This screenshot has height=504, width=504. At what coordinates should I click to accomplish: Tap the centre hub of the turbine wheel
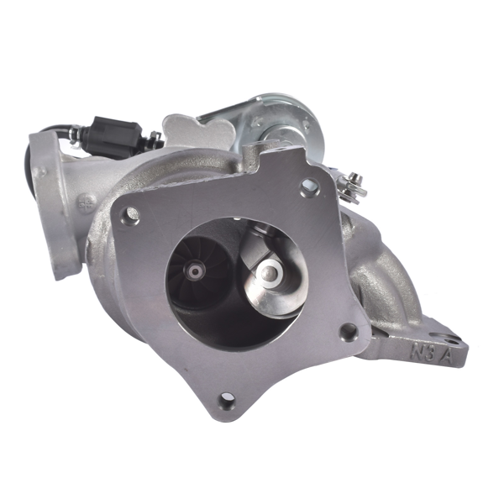[x=196, y=271]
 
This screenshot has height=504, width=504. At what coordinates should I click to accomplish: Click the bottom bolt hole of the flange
[x=226, y=401]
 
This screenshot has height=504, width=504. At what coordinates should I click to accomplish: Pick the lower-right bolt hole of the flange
[x=347, y=331]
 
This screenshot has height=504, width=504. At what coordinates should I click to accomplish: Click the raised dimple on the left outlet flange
[x=40, y=173]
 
